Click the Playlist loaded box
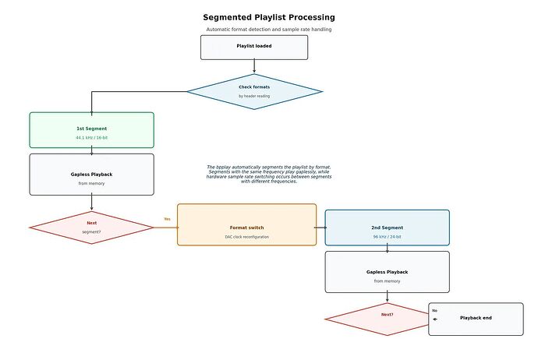pyautogui.click(x=254, y=48)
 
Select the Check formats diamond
pyautogui.click(x=254, y=91)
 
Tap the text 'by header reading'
pyautogui.click(x=254, y=97)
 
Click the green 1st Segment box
pyautogui.click(x=91, y=130)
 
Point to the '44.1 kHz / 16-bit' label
pyautogui.click(x=91, y=138)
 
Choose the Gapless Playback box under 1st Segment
pyautogui.click(x=91, y=175)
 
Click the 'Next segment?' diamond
pyautogui.click(x=91, y=228)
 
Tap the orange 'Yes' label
pyautogui.click(x=167, y=219)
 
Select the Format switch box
pyautogui.click(x=246, y=224)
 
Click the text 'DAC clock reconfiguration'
pyautogui.click(x=246, y=237)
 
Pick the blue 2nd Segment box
pyautogui.click(x=387, y=228)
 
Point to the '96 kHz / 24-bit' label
pyautogui.click(x=387, y=237)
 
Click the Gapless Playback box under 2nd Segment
pyautogui.click(x=387, y=272)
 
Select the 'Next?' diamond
pyautogui.click(x=377, y=319)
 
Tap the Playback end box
pyautogui.click(x=476, y=319)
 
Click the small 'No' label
pyautogui.click(x=435, y=311)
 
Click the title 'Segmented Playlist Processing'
pyautogui.click(x=269, y=17)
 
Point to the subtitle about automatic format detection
pyautogui.click(x=269, y=30)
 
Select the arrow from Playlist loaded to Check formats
pyautogui.click(x=254, y=65)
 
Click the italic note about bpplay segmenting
pyautogui.click(x=269, y=175)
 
